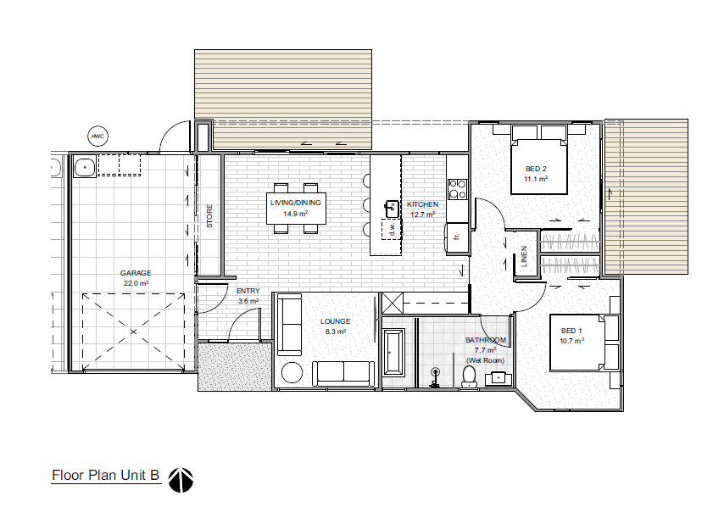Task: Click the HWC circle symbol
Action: [x=97, y=135]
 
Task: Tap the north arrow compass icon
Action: [x=181, y=480]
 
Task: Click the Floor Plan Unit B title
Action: [x=106, y=477]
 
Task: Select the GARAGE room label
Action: [x=135, y=273]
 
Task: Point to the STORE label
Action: [x=209, y=216]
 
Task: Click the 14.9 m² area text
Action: [x=294, y=214]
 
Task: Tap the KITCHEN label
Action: [x=422, y=204]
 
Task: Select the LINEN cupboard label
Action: [x=525, y=256]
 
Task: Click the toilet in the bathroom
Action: [x=470, y=376]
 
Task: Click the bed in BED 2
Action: [x=538, y=161]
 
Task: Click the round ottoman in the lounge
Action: [x=292, y=373]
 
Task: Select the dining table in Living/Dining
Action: [x=294, y=208]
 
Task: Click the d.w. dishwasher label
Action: [x=392, y=229]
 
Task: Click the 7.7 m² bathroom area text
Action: [x=484, y=350]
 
